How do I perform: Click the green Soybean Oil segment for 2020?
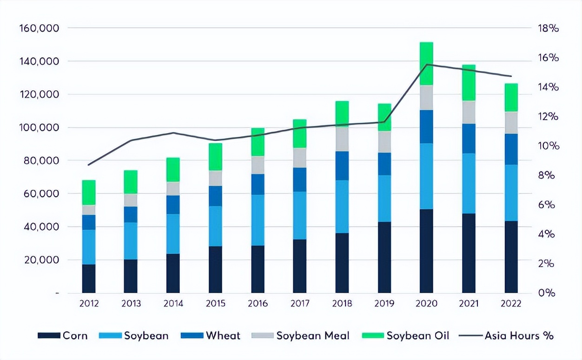[x=426, y=64]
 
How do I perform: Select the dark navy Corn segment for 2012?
[x=89, y=279]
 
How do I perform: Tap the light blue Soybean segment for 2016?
[x=258, y=220]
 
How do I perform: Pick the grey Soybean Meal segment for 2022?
[x=511, y=123]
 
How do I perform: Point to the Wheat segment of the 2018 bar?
[x=342, y=166]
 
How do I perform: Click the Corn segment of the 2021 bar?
[x=469, y=253]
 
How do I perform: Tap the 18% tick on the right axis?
[x=549, y=28]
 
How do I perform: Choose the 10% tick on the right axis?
[x=549, y=146]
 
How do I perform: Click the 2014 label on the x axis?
[x=173, y=304]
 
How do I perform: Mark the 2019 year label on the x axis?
[x=384, y=304]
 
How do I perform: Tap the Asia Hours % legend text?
[x=519, y=335]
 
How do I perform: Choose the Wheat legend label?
[x=223, y=335]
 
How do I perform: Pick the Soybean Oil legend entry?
[x=417, y=335]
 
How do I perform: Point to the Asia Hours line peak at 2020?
[x=426, y=65]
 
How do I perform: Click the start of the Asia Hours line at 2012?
[x=89, y=165]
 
